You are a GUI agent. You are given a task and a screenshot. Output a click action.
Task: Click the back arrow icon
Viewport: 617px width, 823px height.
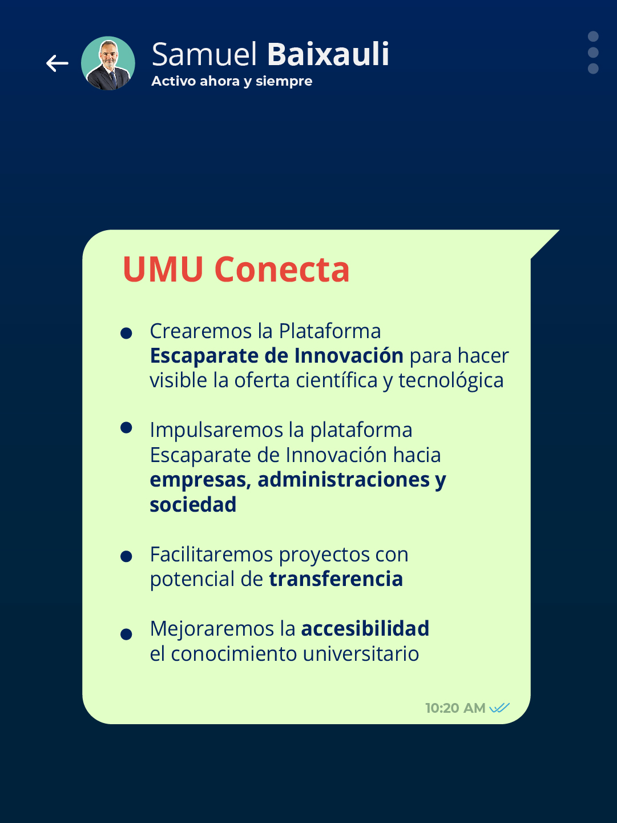[x=57, y=63]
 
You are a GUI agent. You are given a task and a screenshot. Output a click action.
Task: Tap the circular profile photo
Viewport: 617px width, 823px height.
[x=108, y=63]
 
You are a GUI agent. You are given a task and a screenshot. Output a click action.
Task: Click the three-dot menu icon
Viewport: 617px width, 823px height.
[x=593, y=53]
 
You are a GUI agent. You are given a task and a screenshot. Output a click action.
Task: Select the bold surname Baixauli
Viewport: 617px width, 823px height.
[x=328, y=54]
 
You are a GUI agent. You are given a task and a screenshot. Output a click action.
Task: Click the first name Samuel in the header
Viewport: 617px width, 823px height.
[x=205, y=54]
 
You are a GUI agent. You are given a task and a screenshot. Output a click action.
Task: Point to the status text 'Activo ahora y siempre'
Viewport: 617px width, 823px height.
[x=232, y=81]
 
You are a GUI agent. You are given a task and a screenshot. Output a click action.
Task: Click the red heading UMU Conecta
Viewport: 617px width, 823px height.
[x=236, y=269]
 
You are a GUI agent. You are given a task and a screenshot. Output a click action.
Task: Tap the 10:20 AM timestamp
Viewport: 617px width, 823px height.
[x=455, y=708]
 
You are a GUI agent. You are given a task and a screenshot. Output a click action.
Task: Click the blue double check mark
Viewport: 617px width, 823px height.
[x=499, y=708]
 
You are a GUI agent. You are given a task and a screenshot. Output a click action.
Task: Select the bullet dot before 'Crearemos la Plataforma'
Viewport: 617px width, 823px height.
[x=127, y=333]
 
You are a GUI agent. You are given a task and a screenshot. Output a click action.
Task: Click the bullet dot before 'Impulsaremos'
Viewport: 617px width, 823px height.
[x=127, y=428]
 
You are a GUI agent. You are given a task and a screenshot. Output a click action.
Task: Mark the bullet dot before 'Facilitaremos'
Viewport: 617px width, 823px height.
[x=127, y=556]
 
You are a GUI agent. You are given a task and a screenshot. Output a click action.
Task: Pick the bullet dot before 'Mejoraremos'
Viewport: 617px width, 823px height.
[x=127, y=634]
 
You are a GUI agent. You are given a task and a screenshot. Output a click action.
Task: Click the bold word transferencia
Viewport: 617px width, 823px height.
[x=336, y=579]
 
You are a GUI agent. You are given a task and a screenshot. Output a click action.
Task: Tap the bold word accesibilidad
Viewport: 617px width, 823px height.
[x=365, y=629]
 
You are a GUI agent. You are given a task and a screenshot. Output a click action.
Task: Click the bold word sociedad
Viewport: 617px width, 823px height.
[x=193, y=505]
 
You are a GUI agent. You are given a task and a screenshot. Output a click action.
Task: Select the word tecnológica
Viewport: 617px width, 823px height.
[x=451, y=381]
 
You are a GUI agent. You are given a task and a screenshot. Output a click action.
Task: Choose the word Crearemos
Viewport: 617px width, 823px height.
[x=200, y=331]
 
